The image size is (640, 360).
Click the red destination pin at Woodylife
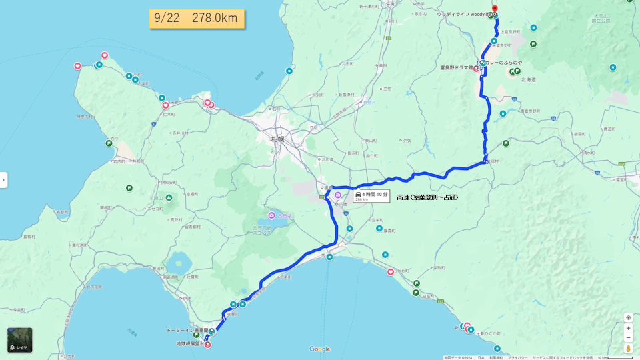click(494, 10)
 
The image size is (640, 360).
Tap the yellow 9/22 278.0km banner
click(197, 19)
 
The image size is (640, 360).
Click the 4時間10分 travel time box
click(371, 195)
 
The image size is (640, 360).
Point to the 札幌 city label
click(277, 139)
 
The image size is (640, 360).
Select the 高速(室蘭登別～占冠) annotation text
click(427, 197)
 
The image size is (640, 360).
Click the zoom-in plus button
click(628, 328)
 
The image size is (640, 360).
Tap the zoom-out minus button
click(628, 338)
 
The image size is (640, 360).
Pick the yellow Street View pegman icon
click(628, 348)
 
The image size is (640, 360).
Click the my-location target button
click(628, 317)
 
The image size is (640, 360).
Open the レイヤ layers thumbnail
click(20, 340)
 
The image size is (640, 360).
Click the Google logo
click(320, 349)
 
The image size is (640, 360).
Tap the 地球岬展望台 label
click(183, 343)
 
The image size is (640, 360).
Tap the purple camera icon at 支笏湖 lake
click(271, 215)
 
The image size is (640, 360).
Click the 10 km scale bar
click(610, 357)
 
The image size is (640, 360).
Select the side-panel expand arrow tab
click(3, 180)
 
